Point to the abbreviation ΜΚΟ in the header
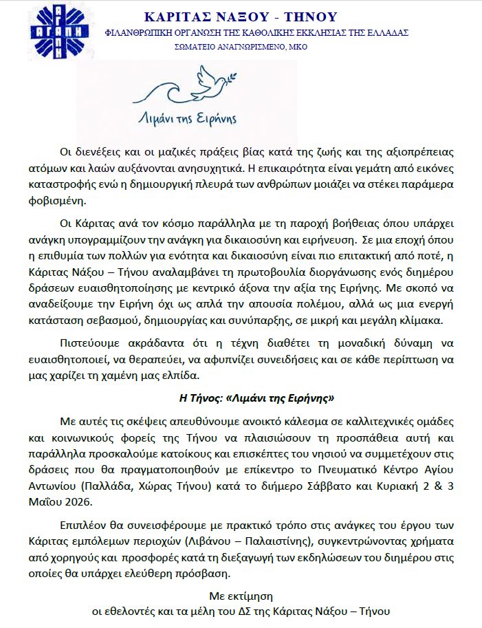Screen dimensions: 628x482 click(299, 47)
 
